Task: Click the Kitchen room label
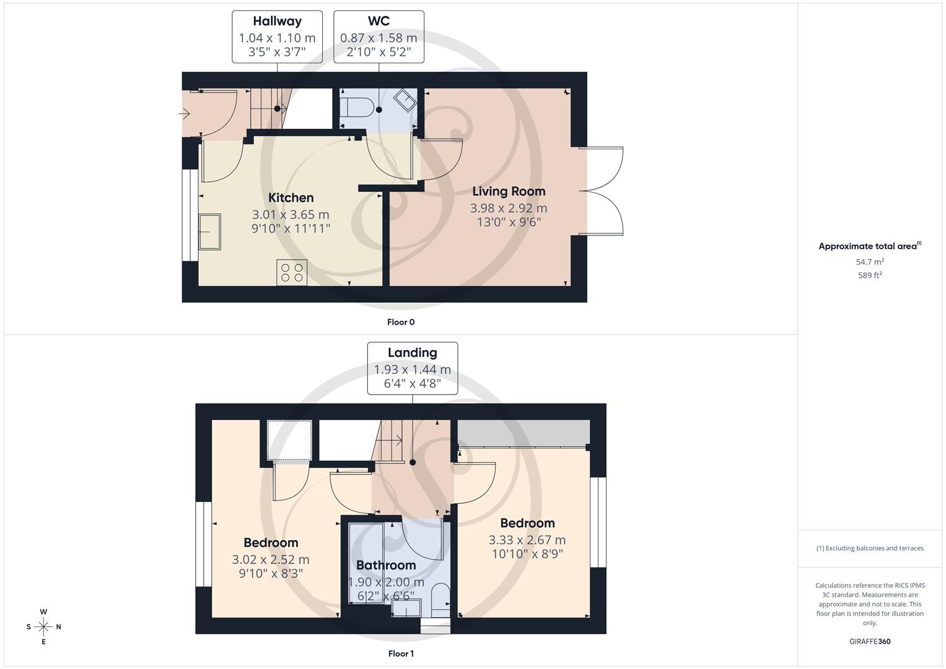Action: (x=291, y=198)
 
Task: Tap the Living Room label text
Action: (x=509, y=191)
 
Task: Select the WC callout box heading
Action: (x=379, y=21)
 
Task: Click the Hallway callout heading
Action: (x=277, y=21)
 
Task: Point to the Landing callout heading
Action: (x=412, y=352)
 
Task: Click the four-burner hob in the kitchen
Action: (x=292, y=273)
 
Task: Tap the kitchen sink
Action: (x=209, y=232)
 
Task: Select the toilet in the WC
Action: (x=357, y=109)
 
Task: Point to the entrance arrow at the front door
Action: (x=185, y=114)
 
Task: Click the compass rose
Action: (x=43, y=627)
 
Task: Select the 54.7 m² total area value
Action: (x=870, y=262)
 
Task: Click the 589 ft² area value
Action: (x=870, y=276)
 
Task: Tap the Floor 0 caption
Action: (x=401, y=322)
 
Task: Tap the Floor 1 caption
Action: (x=401, y=654)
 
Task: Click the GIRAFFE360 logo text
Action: (x=870, y=642)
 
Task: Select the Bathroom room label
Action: (x=385, y=565)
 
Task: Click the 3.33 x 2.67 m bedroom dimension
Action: (x=527, y=540)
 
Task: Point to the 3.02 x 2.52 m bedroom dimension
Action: (x=271, y=559)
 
